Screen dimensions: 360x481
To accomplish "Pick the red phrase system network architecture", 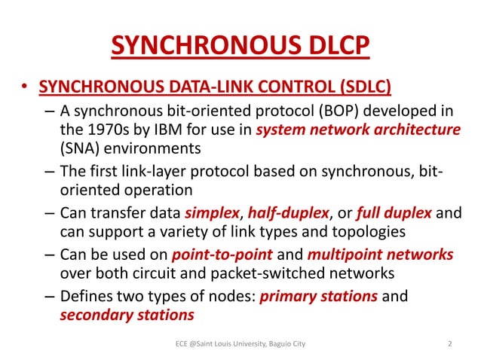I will pos(358,130).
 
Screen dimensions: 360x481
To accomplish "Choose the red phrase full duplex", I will pos(392,213).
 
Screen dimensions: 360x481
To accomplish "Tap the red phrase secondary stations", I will pos(127,315).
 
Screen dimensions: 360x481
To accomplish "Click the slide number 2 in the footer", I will pos(449,344).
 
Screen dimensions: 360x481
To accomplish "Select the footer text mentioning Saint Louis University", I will pos(240,344).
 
